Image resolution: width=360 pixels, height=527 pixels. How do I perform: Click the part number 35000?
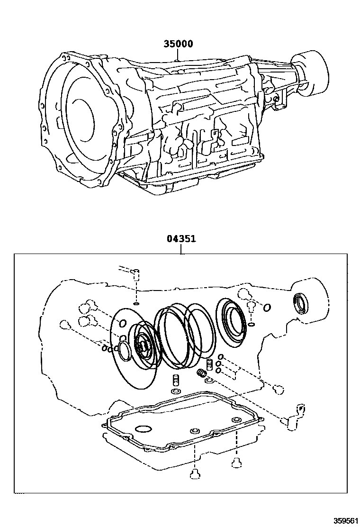178,44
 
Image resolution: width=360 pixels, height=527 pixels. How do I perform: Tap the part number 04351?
181,239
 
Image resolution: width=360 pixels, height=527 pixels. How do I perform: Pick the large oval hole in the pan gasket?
143,429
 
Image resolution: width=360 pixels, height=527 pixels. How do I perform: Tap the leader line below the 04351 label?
181,249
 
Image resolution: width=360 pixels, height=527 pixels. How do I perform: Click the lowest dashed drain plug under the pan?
194,474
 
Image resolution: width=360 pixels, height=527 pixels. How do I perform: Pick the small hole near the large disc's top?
122,324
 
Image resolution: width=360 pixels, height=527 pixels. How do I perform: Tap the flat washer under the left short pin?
175,391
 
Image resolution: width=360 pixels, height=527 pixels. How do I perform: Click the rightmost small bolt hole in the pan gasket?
235,420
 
